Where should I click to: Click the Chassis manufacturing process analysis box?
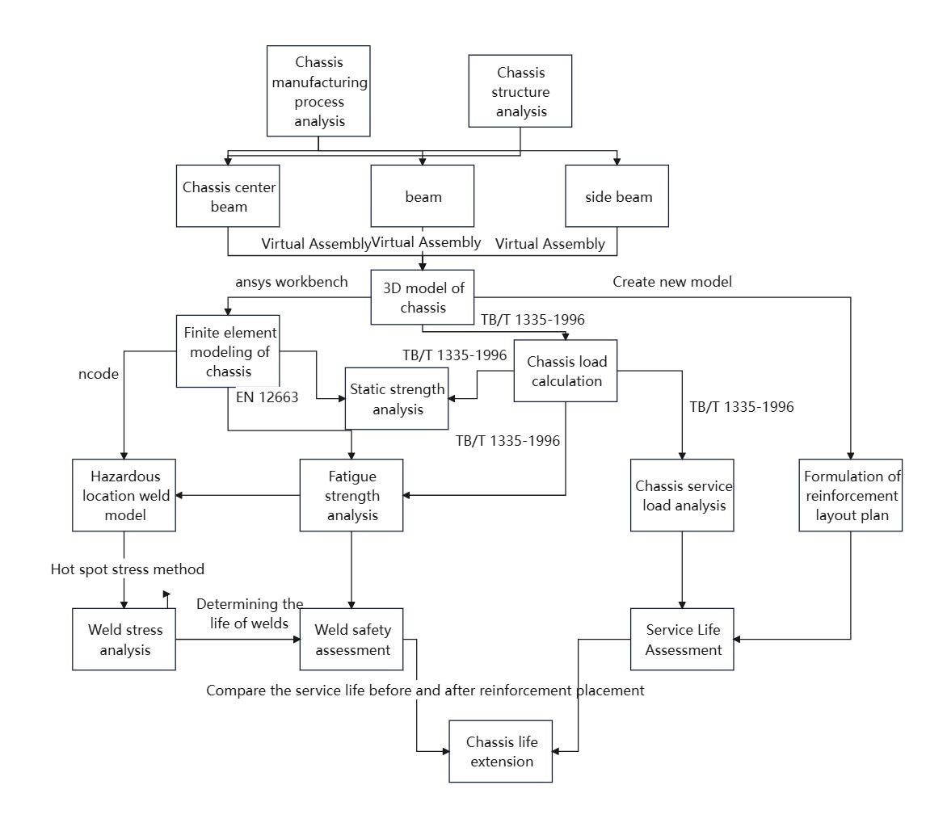[x=318, y=91]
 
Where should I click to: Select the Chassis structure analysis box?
[x=520, y=91]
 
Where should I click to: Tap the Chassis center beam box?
[x=228, y=196]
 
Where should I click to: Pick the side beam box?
[x=617, y=196]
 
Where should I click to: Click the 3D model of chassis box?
[x=422, y=297]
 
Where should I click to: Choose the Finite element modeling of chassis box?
[x=228, y=351]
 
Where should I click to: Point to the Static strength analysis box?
[x=397, y=398]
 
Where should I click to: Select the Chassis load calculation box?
[x=566, y=371]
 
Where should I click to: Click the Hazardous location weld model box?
[x=124, y=495]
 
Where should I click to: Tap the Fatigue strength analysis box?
[x=351, y=495]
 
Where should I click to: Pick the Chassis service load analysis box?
[x=682, y=495]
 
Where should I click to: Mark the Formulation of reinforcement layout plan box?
[x=850, y=495]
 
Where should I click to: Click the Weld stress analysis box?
[x=124, y=640]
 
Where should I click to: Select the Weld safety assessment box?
[x=351, y=640]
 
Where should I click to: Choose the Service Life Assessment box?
[x=682, y=640]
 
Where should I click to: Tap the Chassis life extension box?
[x=501, y=752]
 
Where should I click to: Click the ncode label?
[x=99, y=374]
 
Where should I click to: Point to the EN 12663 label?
[x=267, y=397]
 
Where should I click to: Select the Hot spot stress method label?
[x=128, y=569]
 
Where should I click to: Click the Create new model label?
[x=672, y=282]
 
